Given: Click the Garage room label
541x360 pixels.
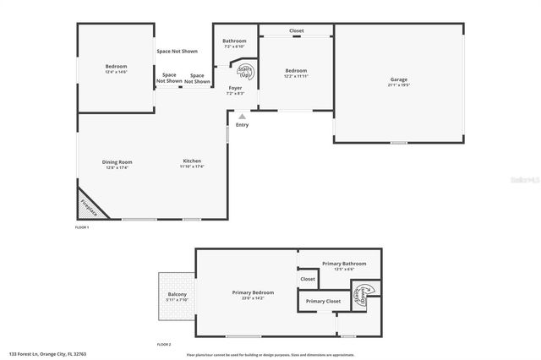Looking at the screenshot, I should pos(399,79).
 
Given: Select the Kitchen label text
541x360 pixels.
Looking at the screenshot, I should pos(192,161).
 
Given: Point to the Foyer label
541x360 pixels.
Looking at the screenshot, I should pos(235,88).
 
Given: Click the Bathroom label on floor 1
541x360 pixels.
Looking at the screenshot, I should pos(234,41).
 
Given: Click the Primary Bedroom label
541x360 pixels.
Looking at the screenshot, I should pos(253,292).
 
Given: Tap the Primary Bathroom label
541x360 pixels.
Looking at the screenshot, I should pos(338,265).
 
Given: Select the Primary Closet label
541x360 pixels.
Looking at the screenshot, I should pos(323,301).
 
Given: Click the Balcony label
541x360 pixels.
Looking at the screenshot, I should pos(177,295).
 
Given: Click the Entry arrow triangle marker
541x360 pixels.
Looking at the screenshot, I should pos(242,117).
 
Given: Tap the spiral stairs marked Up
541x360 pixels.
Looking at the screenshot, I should pos(245,72).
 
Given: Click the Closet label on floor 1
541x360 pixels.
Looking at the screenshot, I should pos(296,31).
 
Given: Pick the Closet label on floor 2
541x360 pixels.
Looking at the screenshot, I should pos(308,279).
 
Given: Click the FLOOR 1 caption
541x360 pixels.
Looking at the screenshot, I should pos(82,227).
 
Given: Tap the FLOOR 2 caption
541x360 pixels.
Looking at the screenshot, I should pos(164,345).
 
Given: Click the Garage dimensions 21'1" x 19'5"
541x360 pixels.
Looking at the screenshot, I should pos(399,85).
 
